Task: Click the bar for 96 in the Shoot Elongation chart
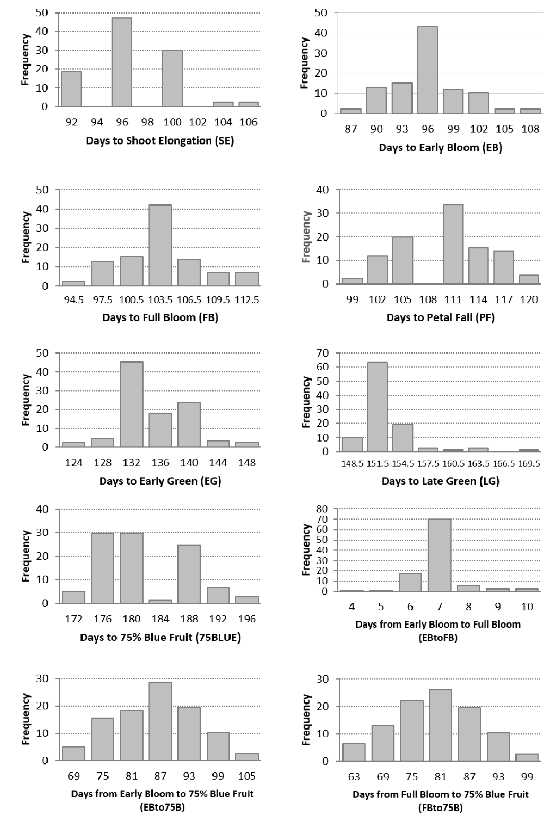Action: click(122, 62)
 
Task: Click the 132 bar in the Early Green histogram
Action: click(132, 404)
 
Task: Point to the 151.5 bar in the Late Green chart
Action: click(377, 407)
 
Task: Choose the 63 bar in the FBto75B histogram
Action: click(354, 752)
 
